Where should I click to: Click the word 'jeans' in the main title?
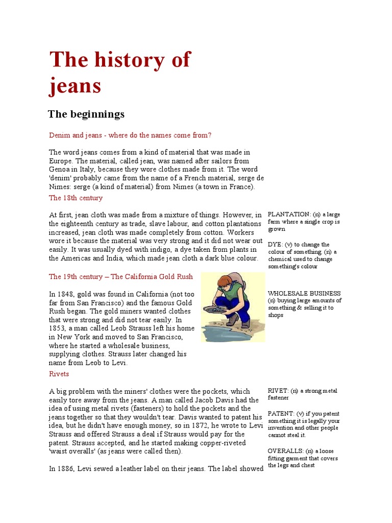[x=75, y=86]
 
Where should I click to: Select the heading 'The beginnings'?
[x=86, y=114]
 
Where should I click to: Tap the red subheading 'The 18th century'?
[x=76, y=198]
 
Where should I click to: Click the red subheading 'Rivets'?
[x=59, y=374]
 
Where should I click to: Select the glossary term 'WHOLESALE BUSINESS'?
[x=304, y=293]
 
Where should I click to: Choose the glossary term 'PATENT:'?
[x=281, y=414]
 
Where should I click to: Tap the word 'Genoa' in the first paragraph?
[x=59, y=169]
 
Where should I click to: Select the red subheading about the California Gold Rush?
[x=121, y=276]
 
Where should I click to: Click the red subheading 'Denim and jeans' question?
[x=130, y=135]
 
